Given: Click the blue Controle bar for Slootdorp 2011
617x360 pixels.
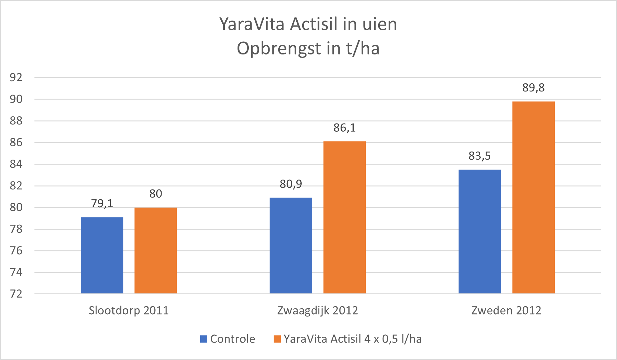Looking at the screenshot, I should [x=102, y=255].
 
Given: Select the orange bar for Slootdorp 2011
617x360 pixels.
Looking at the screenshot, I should [x=156, y=250].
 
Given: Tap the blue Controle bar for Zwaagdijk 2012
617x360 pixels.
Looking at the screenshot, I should [x=291, y=245].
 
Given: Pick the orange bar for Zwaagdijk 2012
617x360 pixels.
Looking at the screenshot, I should [x=345, y=217].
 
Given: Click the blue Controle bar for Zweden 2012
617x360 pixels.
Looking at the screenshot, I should [x=480, y=231].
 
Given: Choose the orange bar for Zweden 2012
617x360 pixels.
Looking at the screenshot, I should [x=534, y=198].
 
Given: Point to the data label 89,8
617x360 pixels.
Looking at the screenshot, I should [x=534, y=88].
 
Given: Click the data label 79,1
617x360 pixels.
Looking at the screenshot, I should [x=102, y=203].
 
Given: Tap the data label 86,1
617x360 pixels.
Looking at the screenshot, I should [x=345, y=128].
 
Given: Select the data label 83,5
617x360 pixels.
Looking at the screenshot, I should [x=480, y=156].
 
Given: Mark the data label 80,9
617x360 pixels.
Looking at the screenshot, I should [x=291, y=184].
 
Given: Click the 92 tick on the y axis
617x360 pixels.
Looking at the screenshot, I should [x=16, y=77].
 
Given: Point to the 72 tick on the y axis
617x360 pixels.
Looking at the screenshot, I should [x=16, y=294].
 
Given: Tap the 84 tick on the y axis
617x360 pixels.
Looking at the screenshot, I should [x=16, y=164].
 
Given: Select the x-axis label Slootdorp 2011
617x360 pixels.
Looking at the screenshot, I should [x=129, y=311].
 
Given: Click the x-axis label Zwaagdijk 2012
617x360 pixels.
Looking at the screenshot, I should [x=318, y=311].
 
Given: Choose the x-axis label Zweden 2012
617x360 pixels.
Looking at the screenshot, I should [x=506, y=311].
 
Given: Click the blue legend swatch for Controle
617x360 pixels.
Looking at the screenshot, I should [x=204, y=339].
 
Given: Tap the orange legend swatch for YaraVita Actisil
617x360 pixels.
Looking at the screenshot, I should [x=277, y=339].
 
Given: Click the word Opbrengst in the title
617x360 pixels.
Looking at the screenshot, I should [x=279, y=49].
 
